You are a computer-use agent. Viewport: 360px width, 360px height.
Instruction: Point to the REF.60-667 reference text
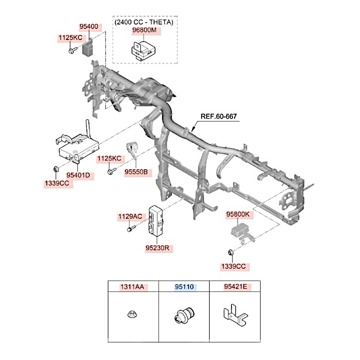[219, 117]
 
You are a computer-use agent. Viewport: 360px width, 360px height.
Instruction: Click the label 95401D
[80, 176]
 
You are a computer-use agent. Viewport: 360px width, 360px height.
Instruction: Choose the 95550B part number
[136, 172]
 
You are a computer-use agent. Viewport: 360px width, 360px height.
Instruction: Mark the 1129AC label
[130, 217]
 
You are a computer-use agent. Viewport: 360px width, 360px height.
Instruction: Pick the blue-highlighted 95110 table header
[184, 287]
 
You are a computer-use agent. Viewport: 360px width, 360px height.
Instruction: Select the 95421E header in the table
[235, 287]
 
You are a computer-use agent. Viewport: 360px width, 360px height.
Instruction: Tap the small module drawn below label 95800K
[240, 230]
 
